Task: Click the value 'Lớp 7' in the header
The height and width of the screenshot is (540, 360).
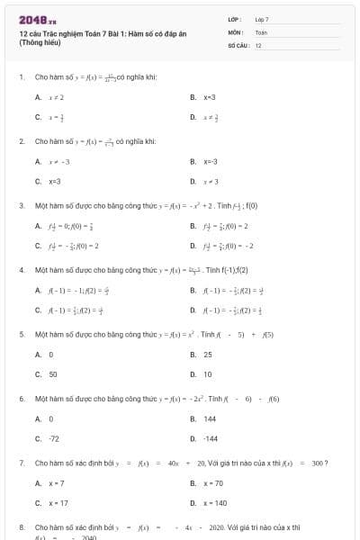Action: click(x=262, y=19)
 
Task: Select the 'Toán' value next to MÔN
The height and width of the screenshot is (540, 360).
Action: click(x=262, y=31)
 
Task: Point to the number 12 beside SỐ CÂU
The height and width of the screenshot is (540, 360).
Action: click(x=258, y=44)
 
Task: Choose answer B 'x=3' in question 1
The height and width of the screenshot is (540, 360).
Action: click(x=209, y=96)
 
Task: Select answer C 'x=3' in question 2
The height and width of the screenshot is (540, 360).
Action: click(x=54, y=181)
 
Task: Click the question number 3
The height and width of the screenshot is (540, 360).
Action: click(x=21, y=204)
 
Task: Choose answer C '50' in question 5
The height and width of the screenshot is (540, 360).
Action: click(x=53, y=373)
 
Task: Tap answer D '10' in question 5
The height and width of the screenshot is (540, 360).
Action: click(x=207, y=373)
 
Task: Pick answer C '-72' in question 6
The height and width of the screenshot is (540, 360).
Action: click(x=54, y=438)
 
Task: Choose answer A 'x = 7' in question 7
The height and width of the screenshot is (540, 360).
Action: click(x=57, y=483)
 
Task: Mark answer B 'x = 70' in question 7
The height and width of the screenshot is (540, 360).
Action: click(x=213, y=483)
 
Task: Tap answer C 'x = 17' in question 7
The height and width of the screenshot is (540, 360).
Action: click(x=58, y=503)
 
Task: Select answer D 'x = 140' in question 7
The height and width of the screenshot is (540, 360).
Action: click(x=215, y=503)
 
